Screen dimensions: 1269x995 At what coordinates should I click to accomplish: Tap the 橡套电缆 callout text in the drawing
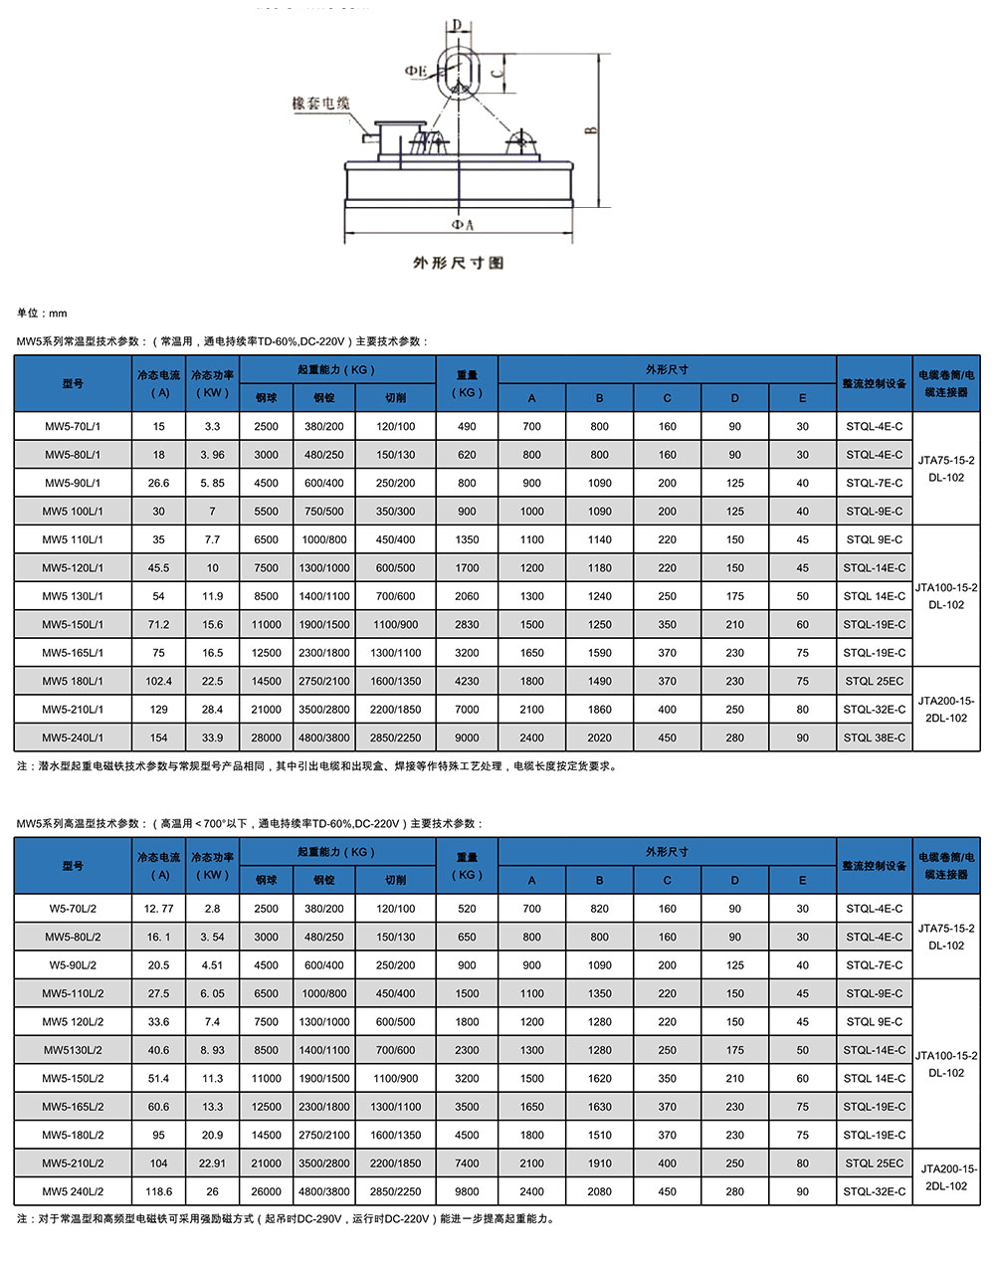tap(321, 104)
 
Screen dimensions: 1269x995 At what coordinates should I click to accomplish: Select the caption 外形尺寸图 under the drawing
tap(458, 263)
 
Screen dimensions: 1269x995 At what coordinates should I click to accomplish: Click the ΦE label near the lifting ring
tap(416, 72)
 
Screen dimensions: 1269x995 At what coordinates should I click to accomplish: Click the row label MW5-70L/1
tap(73, 426)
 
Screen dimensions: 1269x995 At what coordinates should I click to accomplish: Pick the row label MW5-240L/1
tap(73, 738)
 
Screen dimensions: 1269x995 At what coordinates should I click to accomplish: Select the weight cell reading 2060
tap(467, 596)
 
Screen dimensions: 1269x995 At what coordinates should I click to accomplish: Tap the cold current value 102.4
tap(159, 682)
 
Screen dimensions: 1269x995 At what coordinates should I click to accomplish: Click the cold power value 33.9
tap(212, 738)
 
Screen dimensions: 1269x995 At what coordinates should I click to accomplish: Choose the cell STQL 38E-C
tap(875, 738)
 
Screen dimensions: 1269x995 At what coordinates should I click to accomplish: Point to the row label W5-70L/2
tap(73, 909)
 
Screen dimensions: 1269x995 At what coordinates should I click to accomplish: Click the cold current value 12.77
tap(159, 909)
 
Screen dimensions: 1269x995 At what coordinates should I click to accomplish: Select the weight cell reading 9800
tap(467, 1191)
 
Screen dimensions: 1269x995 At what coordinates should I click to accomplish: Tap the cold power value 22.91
tap(212, 1163)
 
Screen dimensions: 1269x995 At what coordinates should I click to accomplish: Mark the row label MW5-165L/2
tap(73, 1107)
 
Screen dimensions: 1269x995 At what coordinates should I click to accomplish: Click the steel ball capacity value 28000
tap(267, 738)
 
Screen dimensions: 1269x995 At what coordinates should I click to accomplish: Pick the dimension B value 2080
tap(599, 1191)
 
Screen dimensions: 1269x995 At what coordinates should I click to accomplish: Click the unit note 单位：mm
tap(42, 314)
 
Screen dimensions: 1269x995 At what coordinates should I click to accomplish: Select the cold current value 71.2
tap(159, 625)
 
